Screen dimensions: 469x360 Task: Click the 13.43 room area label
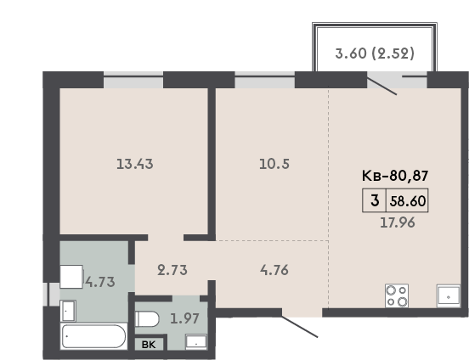(135, 164)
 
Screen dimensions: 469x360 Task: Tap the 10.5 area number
(274, 164)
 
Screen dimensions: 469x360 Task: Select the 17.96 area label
(398, 222)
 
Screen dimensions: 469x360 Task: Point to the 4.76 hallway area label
(274, 270)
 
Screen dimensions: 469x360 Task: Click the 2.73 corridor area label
(172, 270)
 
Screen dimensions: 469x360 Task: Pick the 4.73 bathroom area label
(100, 282)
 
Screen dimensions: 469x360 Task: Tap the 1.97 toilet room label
(184, 318)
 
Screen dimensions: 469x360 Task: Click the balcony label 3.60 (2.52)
(375, 53)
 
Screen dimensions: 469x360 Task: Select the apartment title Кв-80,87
(395, 176)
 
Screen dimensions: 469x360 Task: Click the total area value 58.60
(408, 201)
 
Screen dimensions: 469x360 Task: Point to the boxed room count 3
(375, 200)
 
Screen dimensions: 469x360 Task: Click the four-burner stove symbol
(397, 295)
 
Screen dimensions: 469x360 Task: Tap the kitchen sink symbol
(449, 295)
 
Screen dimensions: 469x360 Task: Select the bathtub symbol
(93, 336)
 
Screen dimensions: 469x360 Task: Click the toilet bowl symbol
(147, 319)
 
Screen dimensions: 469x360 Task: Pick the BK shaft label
(149, 345)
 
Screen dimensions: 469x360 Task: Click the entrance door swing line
(299, 327)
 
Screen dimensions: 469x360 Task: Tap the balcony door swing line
(381, 86)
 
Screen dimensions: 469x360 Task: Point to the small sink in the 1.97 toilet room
(196, 342)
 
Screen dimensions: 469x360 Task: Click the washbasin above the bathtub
(68, 311)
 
